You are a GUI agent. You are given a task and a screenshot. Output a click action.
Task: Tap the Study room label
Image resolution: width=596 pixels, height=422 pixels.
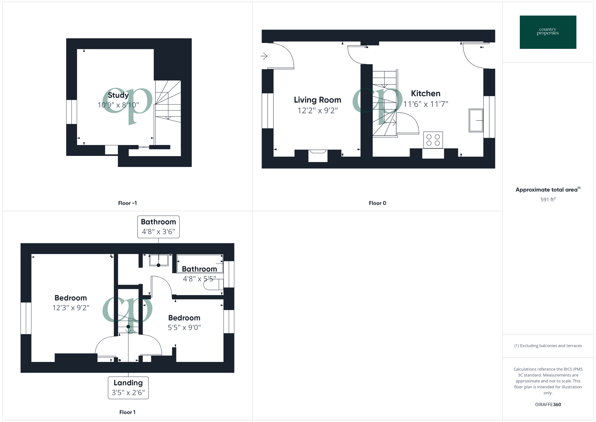click(118, 95)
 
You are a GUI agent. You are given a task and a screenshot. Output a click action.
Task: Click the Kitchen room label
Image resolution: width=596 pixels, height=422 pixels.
click(425, 93)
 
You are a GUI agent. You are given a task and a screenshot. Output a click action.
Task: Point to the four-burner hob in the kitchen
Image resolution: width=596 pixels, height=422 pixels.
click(433, 140)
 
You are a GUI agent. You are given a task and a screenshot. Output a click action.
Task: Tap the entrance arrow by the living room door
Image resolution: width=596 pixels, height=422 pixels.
click(264, 56)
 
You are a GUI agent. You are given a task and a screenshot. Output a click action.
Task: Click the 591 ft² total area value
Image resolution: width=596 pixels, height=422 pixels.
click(548, 200)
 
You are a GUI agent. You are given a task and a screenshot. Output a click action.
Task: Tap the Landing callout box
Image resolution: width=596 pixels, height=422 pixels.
click(128, 388)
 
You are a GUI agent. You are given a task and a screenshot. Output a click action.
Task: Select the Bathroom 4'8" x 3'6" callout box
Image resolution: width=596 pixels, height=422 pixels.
click(158, 227)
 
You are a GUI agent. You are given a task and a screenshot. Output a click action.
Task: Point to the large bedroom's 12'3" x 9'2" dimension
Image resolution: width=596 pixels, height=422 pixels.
click(71, 308)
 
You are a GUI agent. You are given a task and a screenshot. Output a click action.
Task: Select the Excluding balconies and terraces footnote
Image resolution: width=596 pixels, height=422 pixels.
click(548, 346)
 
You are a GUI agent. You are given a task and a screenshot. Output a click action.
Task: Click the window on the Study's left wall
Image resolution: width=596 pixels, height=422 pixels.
click(72, 112)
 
